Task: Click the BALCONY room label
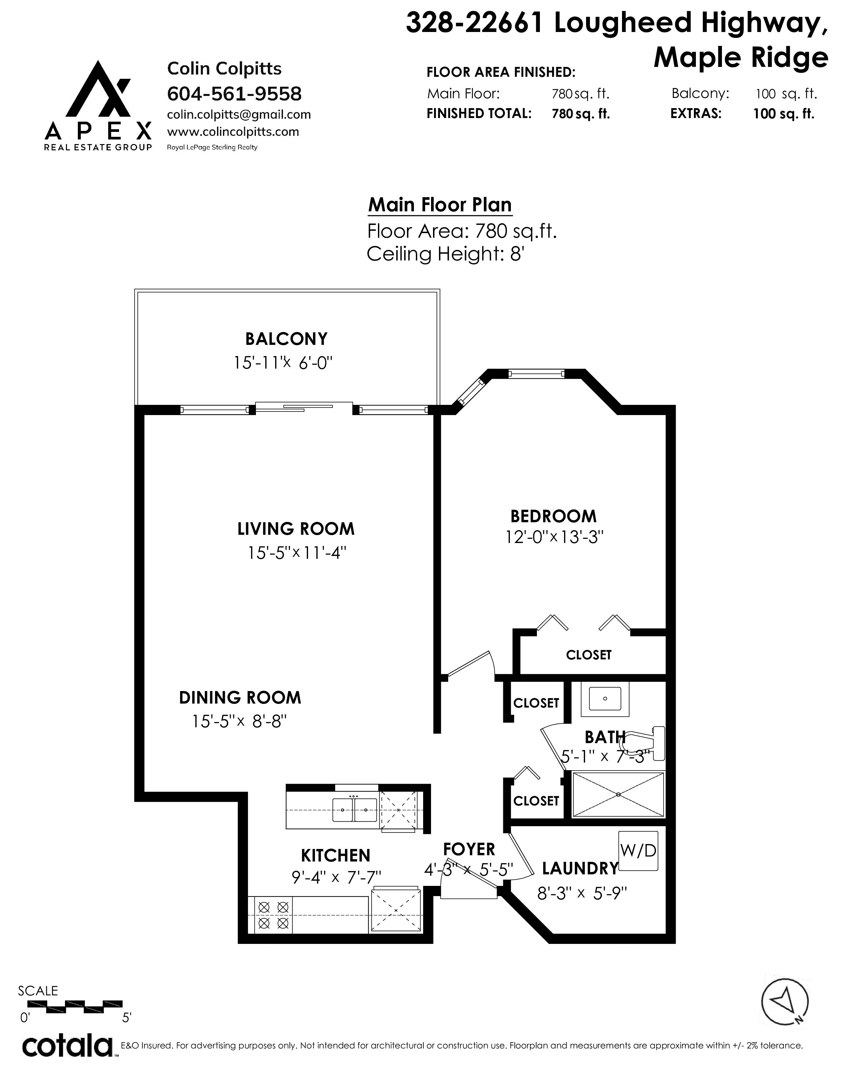click(x=287, y=339)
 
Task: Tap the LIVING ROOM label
click(x=296, y=529)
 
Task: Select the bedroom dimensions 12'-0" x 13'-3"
click(x=554, y=537)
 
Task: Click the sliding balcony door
click(x=304, y=407)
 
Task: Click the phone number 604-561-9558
click(x=234, y=94)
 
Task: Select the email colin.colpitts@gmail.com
click(x=239, y=115)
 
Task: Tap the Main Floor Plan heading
click(x=440, y=205)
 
